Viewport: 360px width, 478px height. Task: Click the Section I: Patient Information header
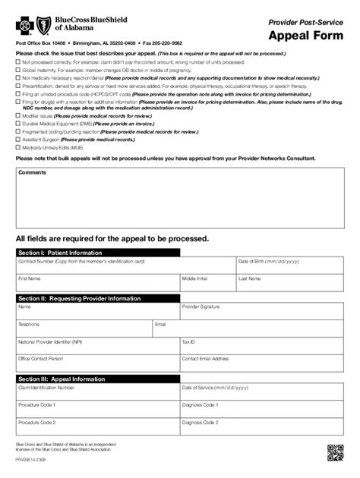(x=60, y=252)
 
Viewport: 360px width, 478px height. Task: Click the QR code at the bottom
(x=335, y=452)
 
